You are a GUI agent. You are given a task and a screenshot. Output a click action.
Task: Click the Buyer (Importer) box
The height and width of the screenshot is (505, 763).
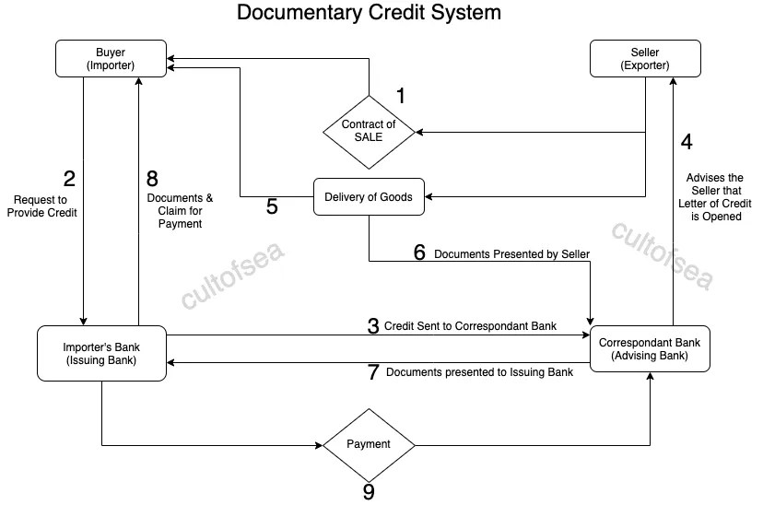click(111, 58)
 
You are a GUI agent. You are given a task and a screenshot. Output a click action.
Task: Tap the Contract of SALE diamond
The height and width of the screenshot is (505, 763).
click(369, 132)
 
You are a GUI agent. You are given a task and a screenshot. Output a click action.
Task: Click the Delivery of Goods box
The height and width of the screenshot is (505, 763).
click(369, 196)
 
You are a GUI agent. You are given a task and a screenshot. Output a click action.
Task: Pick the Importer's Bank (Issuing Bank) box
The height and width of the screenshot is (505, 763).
click(101, 353)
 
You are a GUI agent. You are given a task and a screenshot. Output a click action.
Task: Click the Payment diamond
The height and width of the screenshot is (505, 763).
click(369, 444)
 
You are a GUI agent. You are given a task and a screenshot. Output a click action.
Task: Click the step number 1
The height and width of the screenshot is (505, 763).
click(401, 95)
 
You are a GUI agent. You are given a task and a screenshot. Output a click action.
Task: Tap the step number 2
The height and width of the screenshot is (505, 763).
click(68, 176)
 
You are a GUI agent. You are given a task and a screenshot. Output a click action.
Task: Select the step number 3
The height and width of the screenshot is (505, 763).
click(372, 325)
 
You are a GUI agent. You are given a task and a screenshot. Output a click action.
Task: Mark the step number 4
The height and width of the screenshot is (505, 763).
click(687, 142)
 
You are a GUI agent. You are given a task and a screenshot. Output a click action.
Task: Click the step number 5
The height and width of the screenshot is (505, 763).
click(272, 206)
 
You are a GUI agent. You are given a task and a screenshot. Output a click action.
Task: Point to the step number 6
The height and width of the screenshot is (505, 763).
click(419, 252)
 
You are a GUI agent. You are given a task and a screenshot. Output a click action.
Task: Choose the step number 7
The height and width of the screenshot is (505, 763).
click(372, 372)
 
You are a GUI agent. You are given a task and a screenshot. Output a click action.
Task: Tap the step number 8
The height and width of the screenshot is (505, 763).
click(153, 176)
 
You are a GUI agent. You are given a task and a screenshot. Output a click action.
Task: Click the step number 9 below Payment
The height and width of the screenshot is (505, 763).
click(369, 492)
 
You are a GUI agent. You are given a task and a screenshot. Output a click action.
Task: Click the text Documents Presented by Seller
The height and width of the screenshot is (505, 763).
click(511, 253)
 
